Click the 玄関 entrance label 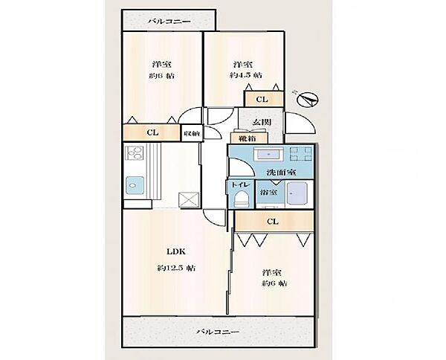262,122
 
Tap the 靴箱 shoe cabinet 249,138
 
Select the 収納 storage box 192,133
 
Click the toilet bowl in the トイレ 241,198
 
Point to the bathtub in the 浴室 297,194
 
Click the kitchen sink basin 135,185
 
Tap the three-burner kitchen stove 135,152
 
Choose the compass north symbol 306,100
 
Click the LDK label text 176,251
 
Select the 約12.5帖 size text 176,268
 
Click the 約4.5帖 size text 246,75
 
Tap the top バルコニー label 169,21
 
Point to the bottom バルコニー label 218,332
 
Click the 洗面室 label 282,173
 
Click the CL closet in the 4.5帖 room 264,99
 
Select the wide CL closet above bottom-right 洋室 274,221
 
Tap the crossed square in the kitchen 189,200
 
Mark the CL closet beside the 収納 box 152,132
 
